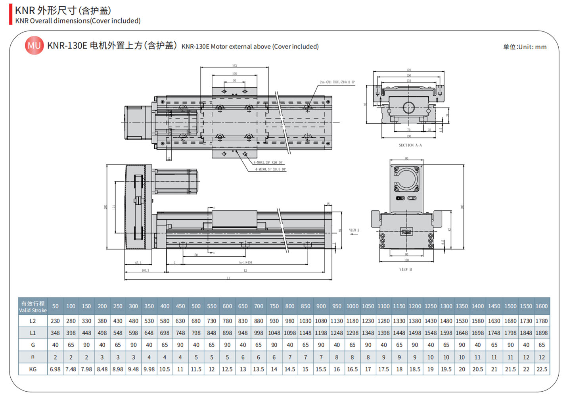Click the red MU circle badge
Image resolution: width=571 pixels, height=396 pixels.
click(x=34, y=46)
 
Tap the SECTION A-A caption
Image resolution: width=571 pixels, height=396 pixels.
click(x=410, y=145)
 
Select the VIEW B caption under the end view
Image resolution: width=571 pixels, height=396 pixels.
click(x=405, y=269)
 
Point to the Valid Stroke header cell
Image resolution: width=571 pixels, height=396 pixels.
click(x=33, y=307)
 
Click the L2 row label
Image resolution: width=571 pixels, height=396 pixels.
click(x=33, y=321)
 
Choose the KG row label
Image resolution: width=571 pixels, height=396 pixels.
click(x=33, y=369)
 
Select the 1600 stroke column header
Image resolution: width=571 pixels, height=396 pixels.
click(x=541, y=306)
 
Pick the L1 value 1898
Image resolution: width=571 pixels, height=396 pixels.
click(x=541, y=333)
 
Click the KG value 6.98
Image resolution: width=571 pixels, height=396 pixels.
click(x=55, y=369)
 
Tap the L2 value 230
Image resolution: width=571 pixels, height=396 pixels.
click(x=55, y=321)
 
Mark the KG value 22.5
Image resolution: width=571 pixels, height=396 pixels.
click(x=541, y=369)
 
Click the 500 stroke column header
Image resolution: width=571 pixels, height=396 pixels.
click(x=196, y=306)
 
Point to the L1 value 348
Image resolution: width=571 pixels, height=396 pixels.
click(x=55, y=333)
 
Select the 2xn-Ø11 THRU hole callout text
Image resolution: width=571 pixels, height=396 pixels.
click(x=337, y=82)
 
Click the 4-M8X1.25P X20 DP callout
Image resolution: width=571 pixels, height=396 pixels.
click(x=268, y=163)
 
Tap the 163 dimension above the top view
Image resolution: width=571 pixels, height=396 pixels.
click(x=234, y=66)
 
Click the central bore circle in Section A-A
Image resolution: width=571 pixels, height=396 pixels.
click(x=408, y=108)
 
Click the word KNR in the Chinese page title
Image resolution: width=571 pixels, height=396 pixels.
click(x=25, y=10)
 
